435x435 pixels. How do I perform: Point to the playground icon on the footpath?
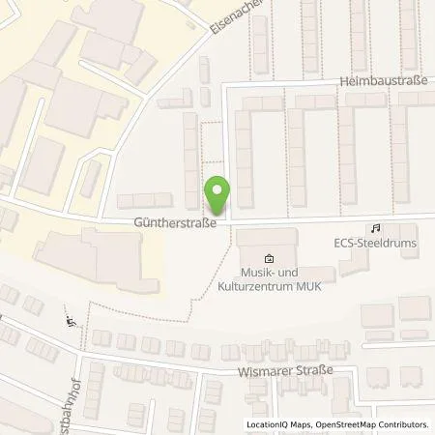click(69, 323)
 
